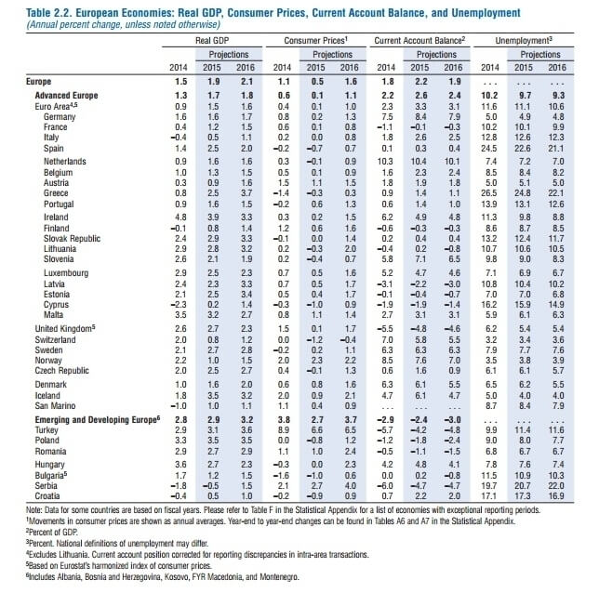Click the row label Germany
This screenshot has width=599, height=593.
click(x=60, y=117)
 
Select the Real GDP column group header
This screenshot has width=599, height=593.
click(x=212, y=42)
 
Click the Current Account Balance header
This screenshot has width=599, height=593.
click(x=419, y=42)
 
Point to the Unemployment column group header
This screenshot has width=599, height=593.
click(x=524, y=42)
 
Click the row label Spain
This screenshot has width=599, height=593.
click(x=54, y=148)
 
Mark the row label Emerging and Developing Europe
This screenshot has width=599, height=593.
click(x=89, y=421)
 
